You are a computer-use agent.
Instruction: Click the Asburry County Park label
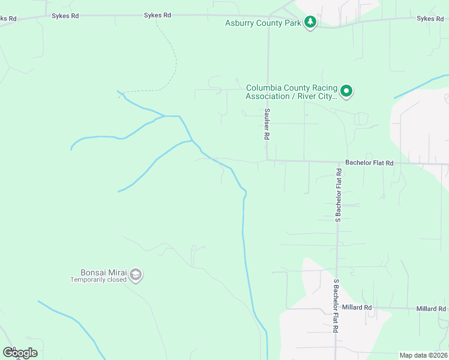click(262, 23)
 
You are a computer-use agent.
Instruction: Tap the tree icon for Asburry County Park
click(310, 23)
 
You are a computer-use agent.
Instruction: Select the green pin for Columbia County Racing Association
click(346, 91)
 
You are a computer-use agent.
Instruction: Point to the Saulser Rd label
click(266, 124)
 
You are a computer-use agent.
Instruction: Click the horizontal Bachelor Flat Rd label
click(369, 163)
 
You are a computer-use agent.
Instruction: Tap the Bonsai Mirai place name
click(103, 272)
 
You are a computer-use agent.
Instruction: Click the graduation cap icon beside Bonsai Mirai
click(136, 275)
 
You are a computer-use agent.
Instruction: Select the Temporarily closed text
click(98, 280)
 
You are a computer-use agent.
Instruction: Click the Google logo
click(20, 353)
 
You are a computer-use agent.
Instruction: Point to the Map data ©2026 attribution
click(423, 355)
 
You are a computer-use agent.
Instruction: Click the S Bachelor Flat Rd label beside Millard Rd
click(336, 306)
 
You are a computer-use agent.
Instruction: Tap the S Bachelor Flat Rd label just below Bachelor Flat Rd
click(339, 195)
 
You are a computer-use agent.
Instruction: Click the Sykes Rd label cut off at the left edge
click(7, 19)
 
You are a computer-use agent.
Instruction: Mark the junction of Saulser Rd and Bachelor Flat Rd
click(268, 161)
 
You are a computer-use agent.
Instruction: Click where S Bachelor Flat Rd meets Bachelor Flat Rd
click(337, 162)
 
